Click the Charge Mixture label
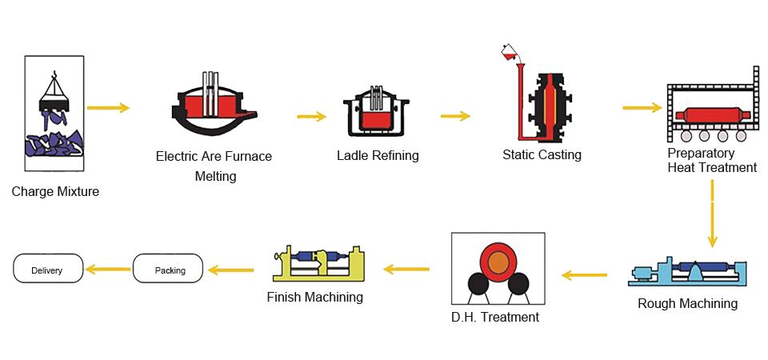click(55, 192)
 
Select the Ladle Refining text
click(378, 155)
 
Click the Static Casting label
click(542, 154)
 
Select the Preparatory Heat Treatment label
click(712, 160)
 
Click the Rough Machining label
click(687, 303)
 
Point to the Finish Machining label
click(315, 297)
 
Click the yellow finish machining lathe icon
click(319, 263)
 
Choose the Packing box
click(169, 270)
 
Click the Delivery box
click(48, 270)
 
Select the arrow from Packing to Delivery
click(108, 270)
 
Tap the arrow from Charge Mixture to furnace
click(108, 107)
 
